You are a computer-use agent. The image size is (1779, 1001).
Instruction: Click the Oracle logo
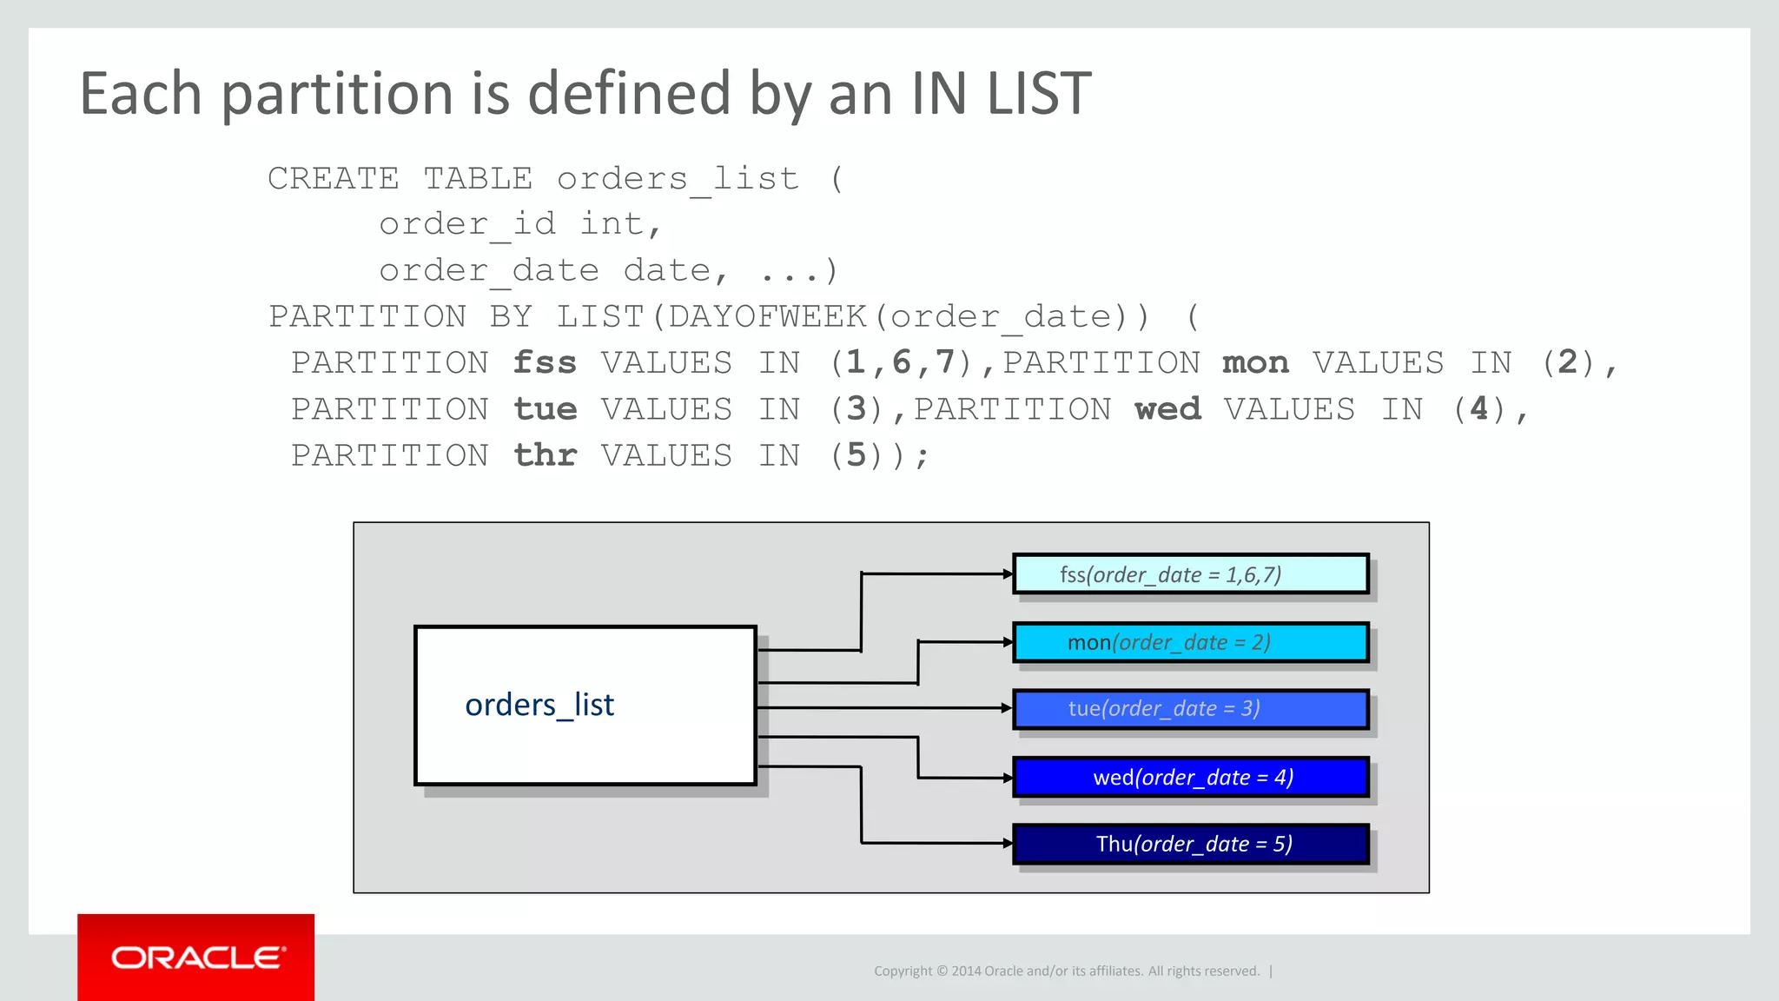pyautogui.click(x=196, y=958)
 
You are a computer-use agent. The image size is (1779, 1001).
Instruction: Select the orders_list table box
pyautogui.click(x=585, y=706)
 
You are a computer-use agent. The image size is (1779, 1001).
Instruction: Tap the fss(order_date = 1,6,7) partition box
pyautogui.click(x=1190, y=574)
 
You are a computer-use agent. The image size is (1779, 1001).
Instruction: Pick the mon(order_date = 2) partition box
pyautogui.click(x=1190, y=642)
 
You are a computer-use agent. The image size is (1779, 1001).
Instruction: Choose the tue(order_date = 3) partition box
pyautogui.click(x=1190, y=709)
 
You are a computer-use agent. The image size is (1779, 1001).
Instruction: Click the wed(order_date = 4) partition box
pyautogui.click(x=1190, y=777)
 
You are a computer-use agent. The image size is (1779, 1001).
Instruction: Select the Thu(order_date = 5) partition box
pyautogui.click(x=1190, y=844)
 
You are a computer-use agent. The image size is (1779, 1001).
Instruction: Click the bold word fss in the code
pyautogui.click(x=545, y=363)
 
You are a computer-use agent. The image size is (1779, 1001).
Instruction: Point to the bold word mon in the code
pyautogui.click(x=1255, y=363)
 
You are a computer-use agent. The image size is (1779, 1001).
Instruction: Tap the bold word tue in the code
pyautogui.click(x=545, y=409)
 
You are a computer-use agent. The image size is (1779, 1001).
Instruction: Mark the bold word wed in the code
pyautogui.click(x=1167, y=409)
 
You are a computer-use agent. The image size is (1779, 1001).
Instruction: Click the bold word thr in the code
pyautogui.click(x=545, y=455)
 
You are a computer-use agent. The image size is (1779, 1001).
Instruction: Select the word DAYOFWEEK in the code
pyautogui.click(x=768, y=317)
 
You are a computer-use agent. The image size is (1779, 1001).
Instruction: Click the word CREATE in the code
pyautogui.click(x=334, y=179)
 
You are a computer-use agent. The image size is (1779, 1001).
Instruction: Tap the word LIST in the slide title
pyautogui.click(x=1039, y=94)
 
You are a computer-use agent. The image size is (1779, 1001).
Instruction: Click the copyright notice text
pyautogui.click(x=1066, y=971)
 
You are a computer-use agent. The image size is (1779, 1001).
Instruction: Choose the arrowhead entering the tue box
pyautogui.click(x=1007, y=708)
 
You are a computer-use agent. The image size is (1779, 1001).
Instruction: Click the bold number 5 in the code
pyautogui.click(x=856, y=455)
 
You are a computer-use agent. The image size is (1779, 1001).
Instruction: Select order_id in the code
pyautogui.click(x=467, y=225)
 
